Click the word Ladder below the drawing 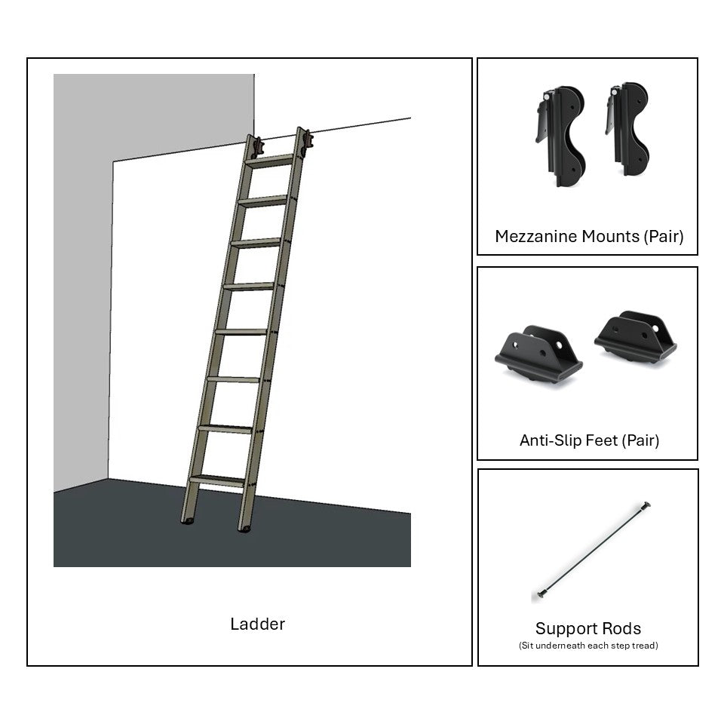[x=258, y=624]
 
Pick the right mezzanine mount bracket [x=628, y=129]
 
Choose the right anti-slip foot [x=636, y=337]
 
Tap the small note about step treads [x=588, y=646]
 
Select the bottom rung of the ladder [x=217, y=480]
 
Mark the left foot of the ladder [x=187, y=522]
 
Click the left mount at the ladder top [x=258, y=147]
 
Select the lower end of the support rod [x=542, y=594]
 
